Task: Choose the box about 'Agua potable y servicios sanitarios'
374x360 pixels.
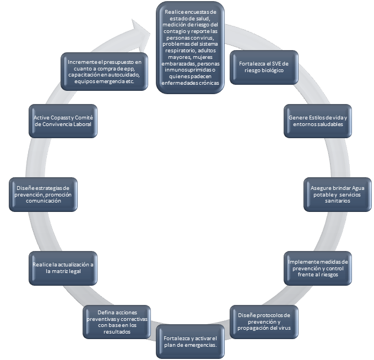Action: (337, 194)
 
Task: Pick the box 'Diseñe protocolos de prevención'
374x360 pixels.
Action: (264, 321)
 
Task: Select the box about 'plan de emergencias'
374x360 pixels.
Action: (191, 341)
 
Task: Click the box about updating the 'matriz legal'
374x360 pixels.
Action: (63, 268)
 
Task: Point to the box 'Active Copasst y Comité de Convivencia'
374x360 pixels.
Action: (63, 121)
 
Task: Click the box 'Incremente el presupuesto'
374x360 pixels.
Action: (105, 72)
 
